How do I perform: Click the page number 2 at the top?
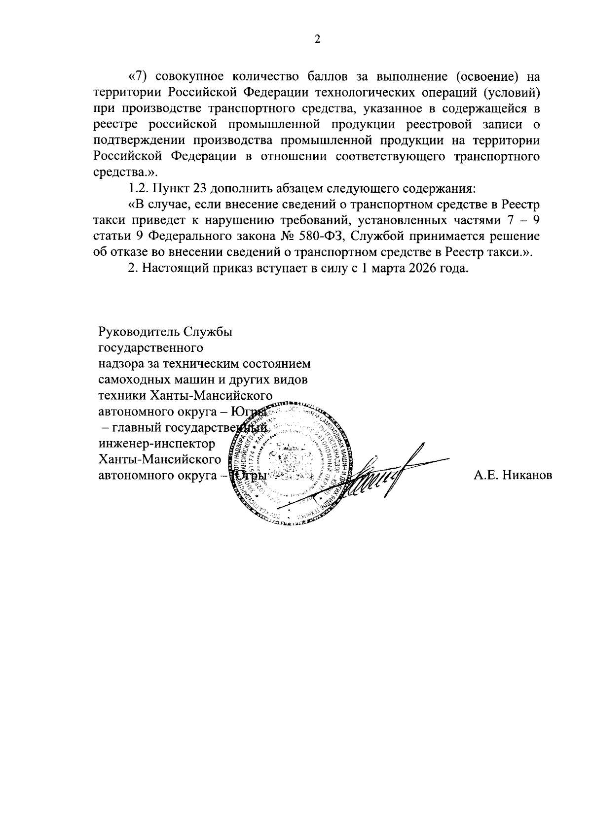click(317, 40)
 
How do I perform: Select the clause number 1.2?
click(138, 188)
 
